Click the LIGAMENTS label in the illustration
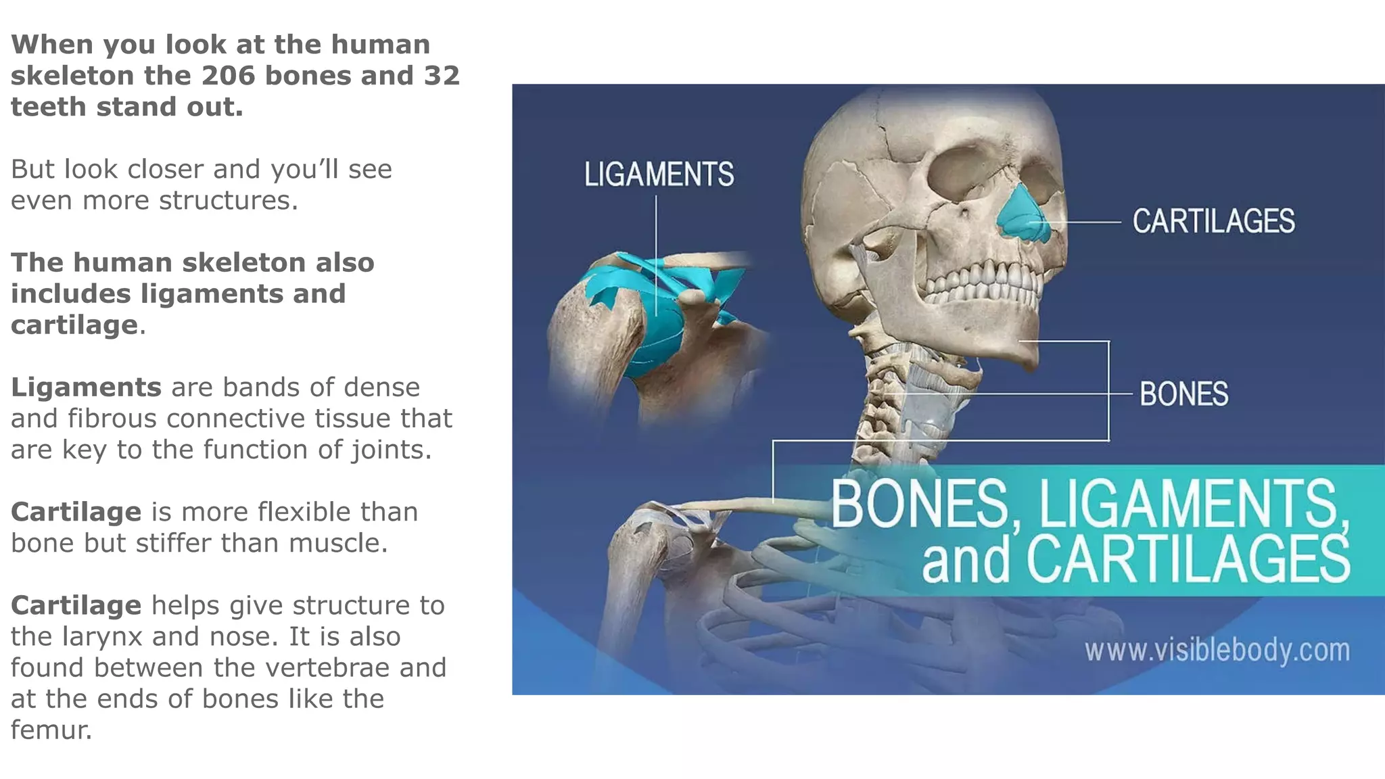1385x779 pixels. (659, 174)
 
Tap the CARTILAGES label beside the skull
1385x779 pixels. (1213, 222)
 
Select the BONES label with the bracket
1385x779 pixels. (1183, 394)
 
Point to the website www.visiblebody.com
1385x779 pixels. (1217, 651)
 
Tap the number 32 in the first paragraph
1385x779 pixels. (442, 76)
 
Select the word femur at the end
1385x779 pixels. (51, 730)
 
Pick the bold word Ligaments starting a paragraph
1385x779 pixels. (86, 387)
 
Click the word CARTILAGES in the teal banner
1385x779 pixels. (1188, 560)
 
